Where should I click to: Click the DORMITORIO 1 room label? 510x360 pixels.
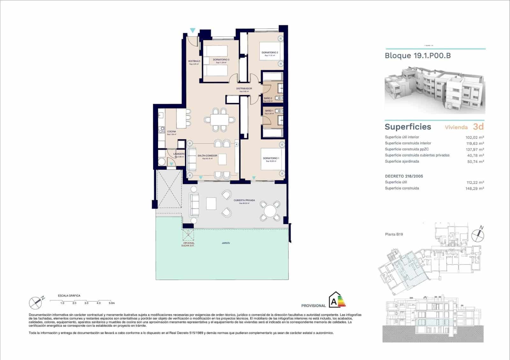pyautogui.click(x=271, y=158)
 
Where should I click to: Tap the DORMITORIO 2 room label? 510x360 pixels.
pyautogui.click(x=270, y=53)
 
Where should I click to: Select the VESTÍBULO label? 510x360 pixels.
pyautogui.click(x=194, y=61)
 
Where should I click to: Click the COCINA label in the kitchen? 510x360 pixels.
pyautogui.click(x=171, y=132)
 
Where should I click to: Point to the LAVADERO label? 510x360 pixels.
pyautogui.click(x=179, y=154)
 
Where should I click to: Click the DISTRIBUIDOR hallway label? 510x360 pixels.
pyautogui.click(x=244, y=89)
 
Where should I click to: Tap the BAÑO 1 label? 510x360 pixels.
pyautogui.click(x=269, y=111)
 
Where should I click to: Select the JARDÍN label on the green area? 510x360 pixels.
pyautogui.click(x=226, y=243)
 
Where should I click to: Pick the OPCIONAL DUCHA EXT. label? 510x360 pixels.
pyautogui.click(x=188, y=244)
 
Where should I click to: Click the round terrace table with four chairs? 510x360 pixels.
pyautogui.click(x=270, y=211)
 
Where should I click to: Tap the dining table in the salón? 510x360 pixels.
pyautogui.click(x=219, y=120)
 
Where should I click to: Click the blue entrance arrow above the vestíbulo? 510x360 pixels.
pyautogui.click(x=193, y=31)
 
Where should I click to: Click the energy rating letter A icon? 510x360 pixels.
pyautogui.click(x=334, y=301)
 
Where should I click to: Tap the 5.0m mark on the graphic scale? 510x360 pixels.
pyautogui.click(x=111, y=303)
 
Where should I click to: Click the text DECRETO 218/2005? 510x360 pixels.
pyautogui.click(x=404, y=176)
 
